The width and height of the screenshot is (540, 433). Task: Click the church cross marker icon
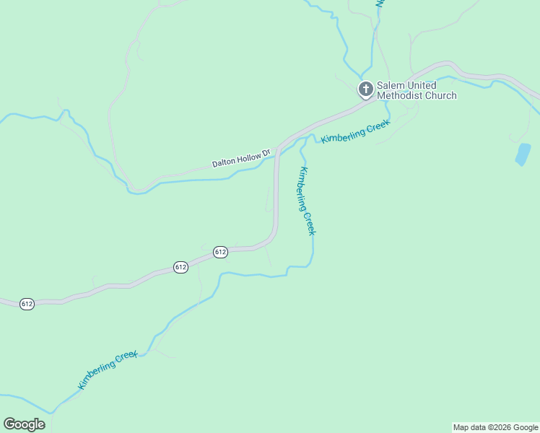[x=366, y=89]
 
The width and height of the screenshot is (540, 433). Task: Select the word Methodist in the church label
[x=399, y=95]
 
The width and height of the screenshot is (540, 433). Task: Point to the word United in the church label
[x=422, y=85]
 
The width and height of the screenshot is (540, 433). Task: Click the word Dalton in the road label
[x=225, y=162]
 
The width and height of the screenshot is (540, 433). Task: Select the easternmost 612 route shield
[x=221, y=252]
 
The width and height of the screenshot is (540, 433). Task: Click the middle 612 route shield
[x=180, y=267]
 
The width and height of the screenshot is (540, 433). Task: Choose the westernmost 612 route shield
[x=27, y=304]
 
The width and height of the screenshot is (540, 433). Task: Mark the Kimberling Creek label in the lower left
[x=107, y=370]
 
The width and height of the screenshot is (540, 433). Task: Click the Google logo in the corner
[x=24, y=424]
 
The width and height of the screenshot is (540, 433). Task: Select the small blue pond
[x=523, y=154]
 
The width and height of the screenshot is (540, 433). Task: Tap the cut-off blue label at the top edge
[x=379, y=4]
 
